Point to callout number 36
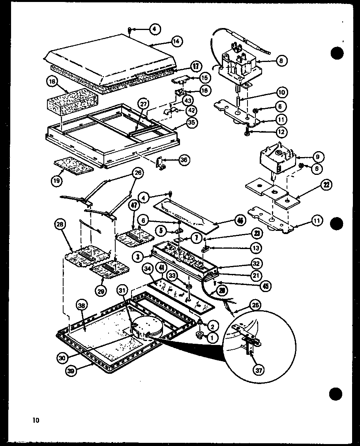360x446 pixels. coord(184,160)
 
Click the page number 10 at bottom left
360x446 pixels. coord(36,420)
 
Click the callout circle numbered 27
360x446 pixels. coord(144,104)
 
